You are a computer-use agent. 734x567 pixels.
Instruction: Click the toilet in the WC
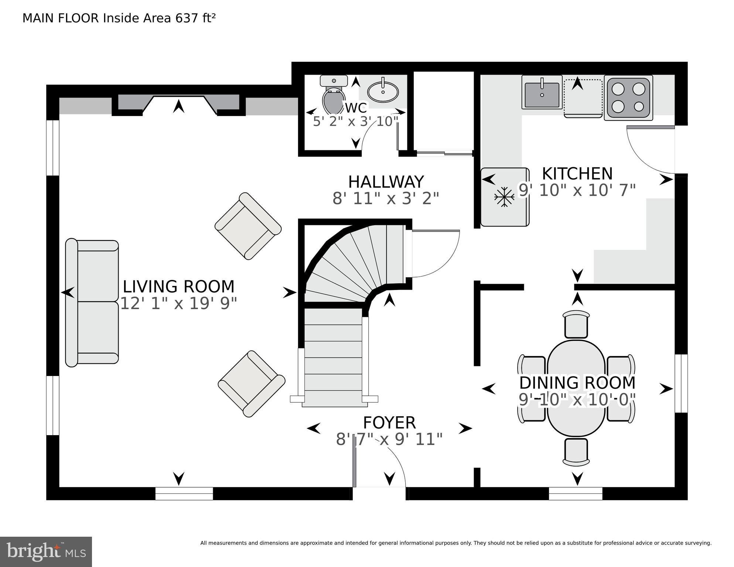(333, 98)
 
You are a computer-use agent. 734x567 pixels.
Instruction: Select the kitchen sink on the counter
(542, 95)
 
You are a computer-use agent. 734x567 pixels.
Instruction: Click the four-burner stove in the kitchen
(628, 98)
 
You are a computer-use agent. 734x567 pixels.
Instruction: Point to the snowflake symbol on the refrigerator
(504, 197)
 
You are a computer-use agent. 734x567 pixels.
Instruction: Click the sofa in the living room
(92, 302)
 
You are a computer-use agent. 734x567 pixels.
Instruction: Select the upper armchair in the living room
(248, 226)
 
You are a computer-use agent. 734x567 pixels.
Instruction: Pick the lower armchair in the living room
(251, 383)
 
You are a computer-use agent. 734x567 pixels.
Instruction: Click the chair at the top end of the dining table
(576, 324)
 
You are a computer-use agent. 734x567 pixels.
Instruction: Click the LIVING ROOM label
(178, 287)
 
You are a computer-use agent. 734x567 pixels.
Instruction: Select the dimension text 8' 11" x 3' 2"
(386, 198)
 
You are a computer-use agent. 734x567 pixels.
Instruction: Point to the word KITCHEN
(577, 174)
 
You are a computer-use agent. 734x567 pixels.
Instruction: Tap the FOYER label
(389, 423)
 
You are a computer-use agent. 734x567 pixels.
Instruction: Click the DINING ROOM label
(577, 383)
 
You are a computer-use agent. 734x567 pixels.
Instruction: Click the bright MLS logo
(46, 552)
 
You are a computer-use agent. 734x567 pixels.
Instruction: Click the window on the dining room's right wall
(681, 383)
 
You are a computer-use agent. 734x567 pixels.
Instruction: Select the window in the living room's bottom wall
(184, 493)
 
